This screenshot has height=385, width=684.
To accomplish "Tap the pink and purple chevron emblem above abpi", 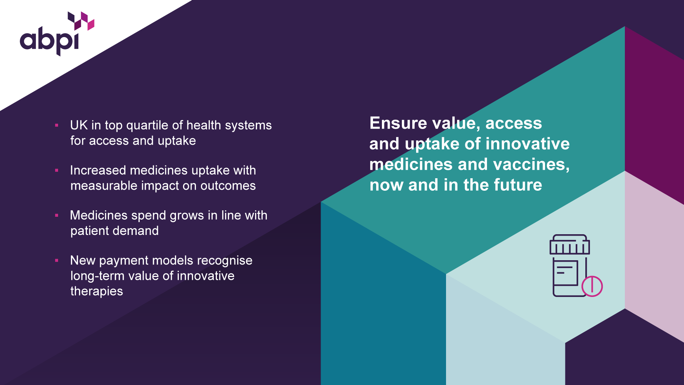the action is click(x=81, y=21).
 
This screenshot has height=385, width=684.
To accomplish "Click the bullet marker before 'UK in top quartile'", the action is click(x=57, y=125).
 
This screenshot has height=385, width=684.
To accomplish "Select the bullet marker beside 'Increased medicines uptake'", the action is click(x=57, y=170).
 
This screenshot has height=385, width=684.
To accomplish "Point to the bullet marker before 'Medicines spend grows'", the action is click(x=57, y=215).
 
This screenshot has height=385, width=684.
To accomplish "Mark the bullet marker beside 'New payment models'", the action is click(x=57, y=261).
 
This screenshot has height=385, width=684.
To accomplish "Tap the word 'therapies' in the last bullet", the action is click(x=97, y=292).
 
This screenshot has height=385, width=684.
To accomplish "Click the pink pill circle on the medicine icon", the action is click(x=592, y=286).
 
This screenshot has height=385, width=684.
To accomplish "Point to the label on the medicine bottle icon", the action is click(x=565, y=273).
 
